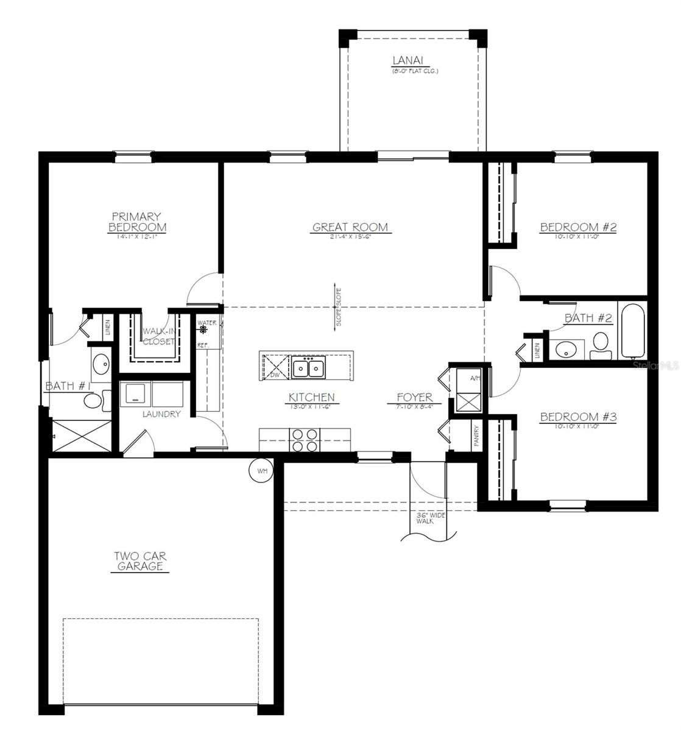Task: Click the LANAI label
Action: pos(408,61)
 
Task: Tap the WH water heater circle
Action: pos(262,470)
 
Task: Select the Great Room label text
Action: pos(350,228)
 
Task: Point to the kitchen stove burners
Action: pos(305,440)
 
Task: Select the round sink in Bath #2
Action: pos(567,350)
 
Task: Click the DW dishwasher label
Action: pos(275,375)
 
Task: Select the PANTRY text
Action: pos(476,437)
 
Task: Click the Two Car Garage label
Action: pos(141,561)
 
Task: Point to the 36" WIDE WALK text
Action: pos(431,518)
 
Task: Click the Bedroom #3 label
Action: pos(578,417)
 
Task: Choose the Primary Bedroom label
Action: pos(136,222)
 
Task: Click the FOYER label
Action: pos(414,398)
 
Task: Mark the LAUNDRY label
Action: pos(161,414)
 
